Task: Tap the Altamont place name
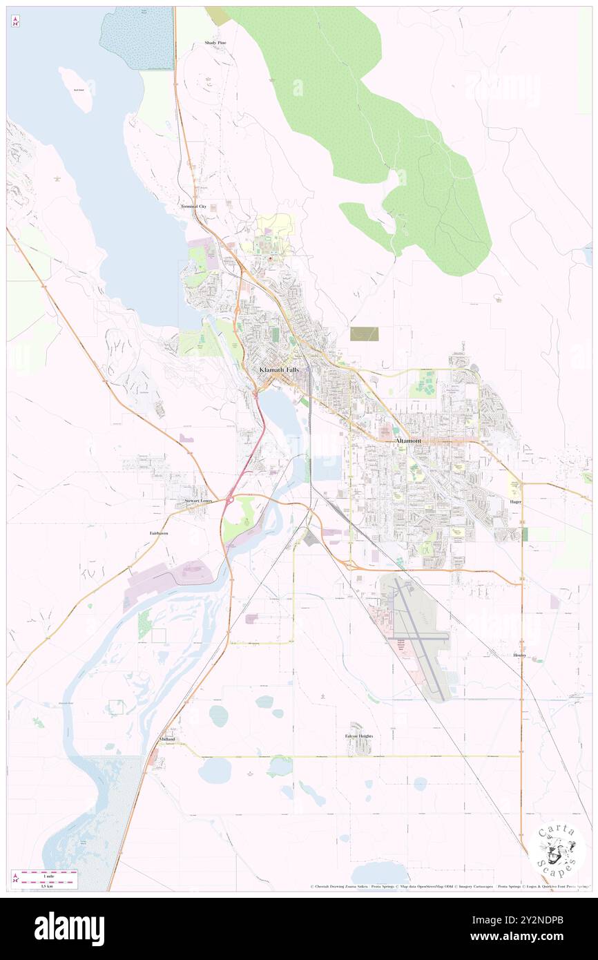(x=407, y=440)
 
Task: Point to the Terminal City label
(x=193, y=207)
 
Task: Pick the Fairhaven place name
(x=159, y=533)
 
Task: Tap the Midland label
(x=166, y=739)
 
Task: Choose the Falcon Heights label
(x=359, y=736)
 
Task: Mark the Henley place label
(x=520, y=655)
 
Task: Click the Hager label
(x=515, y=502)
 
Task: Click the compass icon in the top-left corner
(x=15, y=22)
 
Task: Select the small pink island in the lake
(x=76, y=89)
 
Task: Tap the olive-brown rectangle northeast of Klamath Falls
(x=364, y=334)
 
